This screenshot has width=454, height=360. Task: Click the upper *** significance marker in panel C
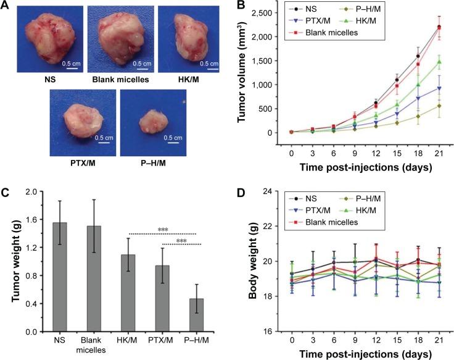(163, 230)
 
